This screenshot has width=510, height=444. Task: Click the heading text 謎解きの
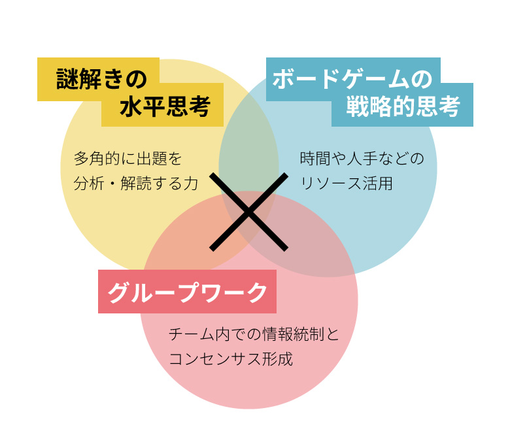coord(101,79)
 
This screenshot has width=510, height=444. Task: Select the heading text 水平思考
coord(165,106)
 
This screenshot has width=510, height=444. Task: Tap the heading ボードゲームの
coord(353,79)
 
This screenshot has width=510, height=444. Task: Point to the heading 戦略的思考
coord(403,106)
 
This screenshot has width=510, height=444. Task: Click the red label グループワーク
coord(188,293)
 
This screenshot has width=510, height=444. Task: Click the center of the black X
coord(248,212)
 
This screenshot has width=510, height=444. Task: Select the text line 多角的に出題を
coord(127,159)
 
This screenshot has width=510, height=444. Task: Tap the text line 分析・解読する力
coord(136,183)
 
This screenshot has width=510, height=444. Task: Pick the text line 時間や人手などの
coord(362,159)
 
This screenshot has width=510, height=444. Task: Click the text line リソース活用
coord(347,183)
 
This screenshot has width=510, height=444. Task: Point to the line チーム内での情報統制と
coord(254,334)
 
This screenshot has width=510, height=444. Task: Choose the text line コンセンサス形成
coord(231,359)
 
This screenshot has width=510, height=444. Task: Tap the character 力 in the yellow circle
coord(191,183)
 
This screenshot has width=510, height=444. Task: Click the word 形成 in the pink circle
coord(277,359)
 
